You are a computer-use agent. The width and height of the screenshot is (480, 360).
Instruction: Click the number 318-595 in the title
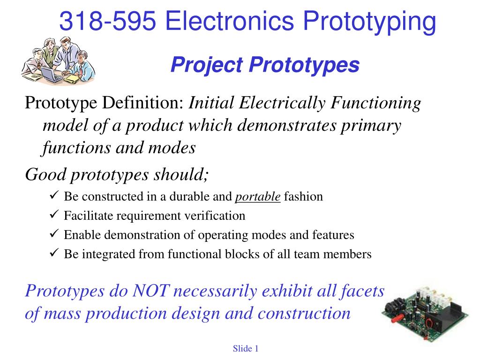(108, 21)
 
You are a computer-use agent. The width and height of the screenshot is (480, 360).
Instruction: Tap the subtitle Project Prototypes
(265, 65)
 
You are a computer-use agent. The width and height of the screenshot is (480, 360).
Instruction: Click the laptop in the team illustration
(52, 75)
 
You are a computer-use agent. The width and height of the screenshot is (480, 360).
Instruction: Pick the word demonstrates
(287, 126)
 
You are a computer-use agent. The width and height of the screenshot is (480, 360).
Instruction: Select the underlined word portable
(258, 197)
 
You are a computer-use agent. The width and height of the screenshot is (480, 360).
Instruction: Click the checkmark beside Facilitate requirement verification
(54, 214)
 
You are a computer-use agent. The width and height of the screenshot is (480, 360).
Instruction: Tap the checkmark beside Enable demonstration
(54, 233)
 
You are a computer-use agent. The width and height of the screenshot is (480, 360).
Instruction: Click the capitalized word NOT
(150, 291)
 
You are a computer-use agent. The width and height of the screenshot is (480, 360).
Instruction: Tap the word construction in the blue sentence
(304, 314)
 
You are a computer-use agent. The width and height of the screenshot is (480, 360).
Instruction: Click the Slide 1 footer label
(246, 348)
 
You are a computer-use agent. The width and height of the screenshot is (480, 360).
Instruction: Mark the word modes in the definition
(172, 148)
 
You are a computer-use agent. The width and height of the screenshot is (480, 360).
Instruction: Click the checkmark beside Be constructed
(54, 195)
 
